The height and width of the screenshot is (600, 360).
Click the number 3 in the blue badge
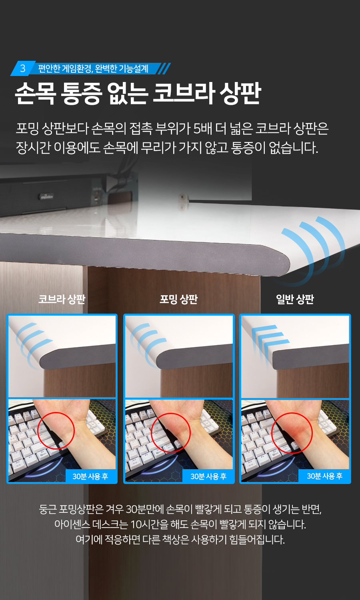coord(23,68)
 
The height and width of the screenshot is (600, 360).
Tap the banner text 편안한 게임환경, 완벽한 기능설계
coord(93,68)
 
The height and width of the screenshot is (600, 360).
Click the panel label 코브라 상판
coord(62,299)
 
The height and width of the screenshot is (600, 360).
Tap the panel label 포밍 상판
coord(179,299)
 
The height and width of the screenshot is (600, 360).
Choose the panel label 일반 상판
coord(295,299)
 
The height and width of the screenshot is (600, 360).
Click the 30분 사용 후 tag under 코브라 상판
coord(90,476)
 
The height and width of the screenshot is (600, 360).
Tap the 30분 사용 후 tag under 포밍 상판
coord(208,476)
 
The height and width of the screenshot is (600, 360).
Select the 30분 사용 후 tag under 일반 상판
coord(324,476)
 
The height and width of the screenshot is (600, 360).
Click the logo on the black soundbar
coord(47,196)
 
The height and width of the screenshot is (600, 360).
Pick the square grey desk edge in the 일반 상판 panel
coord(311,355)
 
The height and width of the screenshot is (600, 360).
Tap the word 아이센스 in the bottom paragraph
coord(72,524)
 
